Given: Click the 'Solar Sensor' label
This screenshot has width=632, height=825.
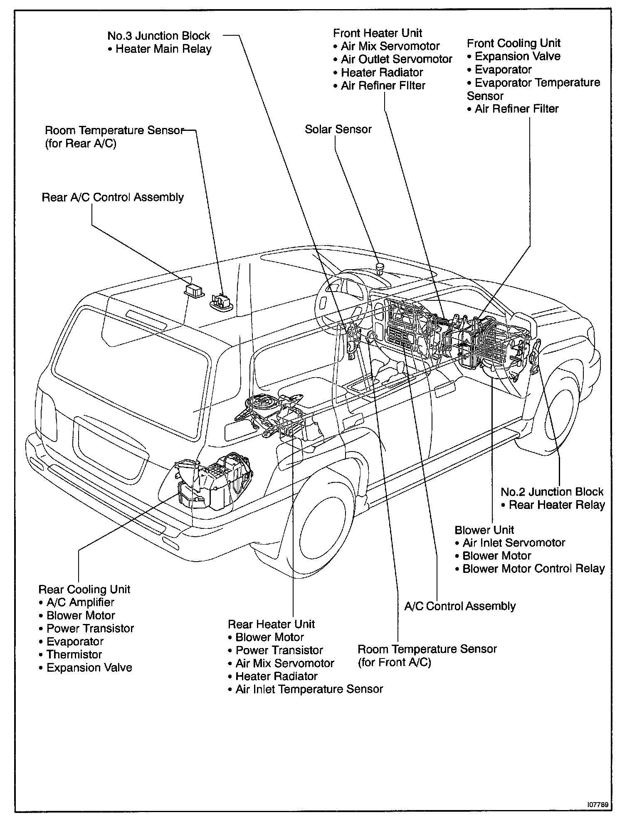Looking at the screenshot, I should point(338,129).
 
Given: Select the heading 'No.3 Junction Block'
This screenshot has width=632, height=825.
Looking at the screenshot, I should point(159,36).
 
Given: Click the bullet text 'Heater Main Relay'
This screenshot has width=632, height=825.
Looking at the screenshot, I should point(163,49).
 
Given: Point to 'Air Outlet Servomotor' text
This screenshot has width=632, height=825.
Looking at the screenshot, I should point(396,59).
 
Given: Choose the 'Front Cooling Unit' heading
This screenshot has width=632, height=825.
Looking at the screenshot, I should point(513,43).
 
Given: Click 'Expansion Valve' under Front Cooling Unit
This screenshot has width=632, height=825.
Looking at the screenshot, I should point(517,56).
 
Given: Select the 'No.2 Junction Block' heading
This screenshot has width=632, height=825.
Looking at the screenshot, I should point(552,492).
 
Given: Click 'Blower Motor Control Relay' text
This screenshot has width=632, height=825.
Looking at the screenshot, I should point(533,569).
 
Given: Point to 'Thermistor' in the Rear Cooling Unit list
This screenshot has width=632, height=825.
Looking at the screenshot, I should point(74,655).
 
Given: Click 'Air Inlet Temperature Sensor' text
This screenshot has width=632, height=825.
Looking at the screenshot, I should point(309,689).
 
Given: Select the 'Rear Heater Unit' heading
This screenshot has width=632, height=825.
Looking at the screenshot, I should point(271,624).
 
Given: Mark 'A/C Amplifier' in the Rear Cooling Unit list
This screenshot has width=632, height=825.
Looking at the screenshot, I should point(80,602).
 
